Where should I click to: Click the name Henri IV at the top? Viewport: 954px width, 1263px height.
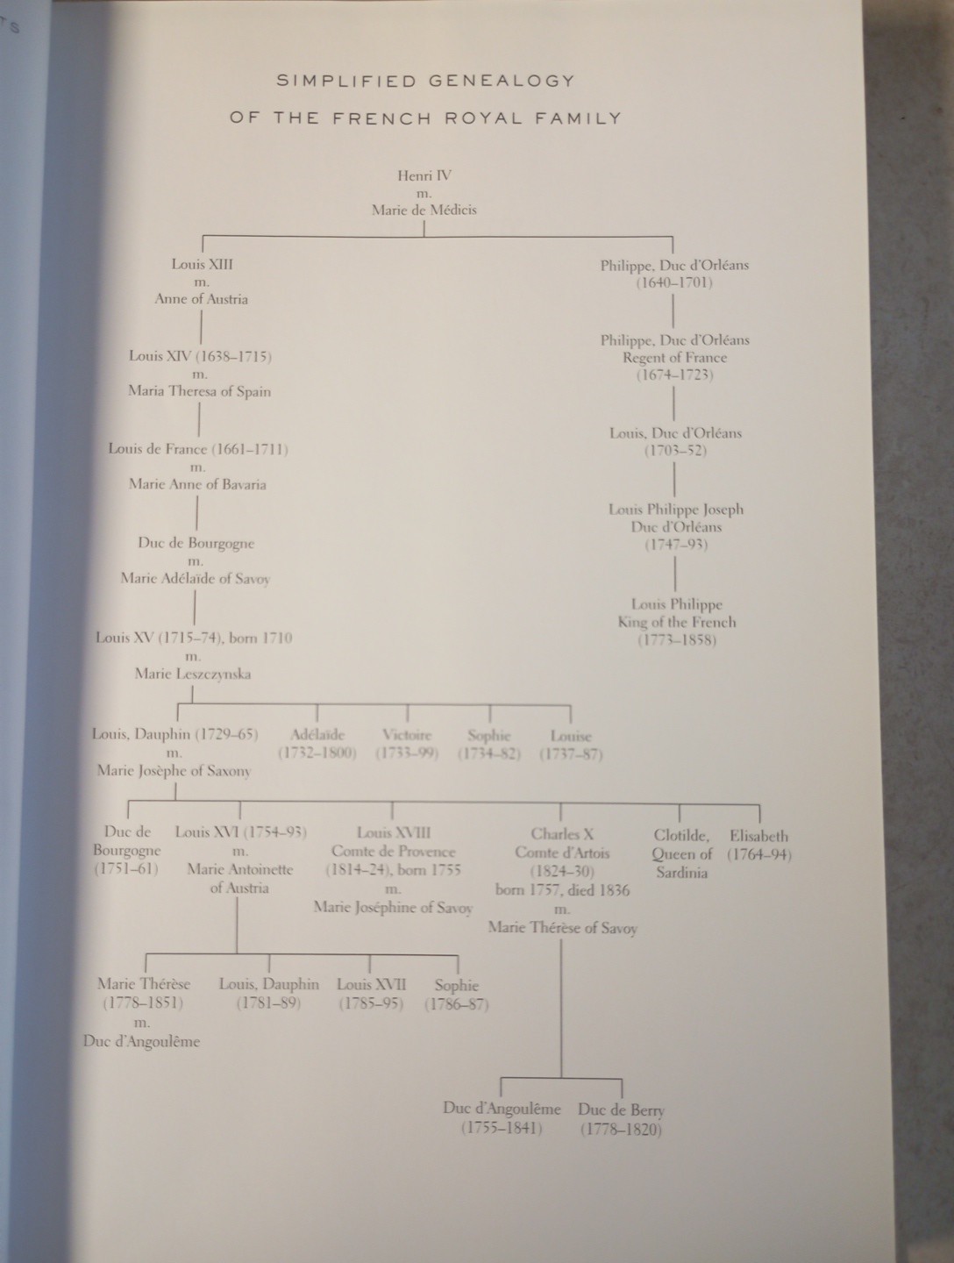tap(424, 175)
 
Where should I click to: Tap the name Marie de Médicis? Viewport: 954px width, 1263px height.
tap(424, 210)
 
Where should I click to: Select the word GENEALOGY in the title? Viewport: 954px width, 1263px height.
tap(502, 81)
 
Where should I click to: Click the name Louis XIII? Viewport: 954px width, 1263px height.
tap(202, 264)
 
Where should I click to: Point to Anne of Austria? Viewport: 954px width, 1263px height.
tap(202, 299)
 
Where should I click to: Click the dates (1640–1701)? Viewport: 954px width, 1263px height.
tap(673, 282)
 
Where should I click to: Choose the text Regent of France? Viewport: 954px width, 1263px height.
tap(674, 358)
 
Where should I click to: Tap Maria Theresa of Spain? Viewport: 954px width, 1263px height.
tap(199, 391)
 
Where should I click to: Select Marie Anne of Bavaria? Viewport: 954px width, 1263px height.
tap(197, 484)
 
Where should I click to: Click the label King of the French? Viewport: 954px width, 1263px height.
tap(676, 623)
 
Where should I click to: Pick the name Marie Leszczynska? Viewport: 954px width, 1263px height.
tap(193, 674)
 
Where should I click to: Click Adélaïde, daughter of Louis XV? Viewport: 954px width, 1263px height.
tap(317, 735)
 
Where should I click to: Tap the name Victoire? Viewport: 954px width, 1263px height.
tap(407, 735)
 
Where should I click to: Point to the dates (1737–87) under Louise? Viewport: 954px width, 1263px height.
tap(571, 754)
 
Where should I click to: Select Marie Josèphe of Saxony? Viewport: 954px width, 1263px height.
tap(174, 771)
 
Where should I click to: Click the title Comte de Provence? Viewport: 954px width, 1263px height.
tap(393, 852)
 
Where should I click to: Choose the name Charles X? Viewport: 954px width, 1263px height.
tap(562, 834)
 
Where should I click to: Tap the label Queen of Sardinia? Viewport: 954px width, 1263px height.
tap(681, 864)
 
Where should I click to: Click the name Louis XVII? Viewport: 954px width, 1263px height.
tap(371, 985)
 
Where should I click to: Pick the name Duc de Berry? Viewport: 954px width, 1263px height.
tap(621, 1110)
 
